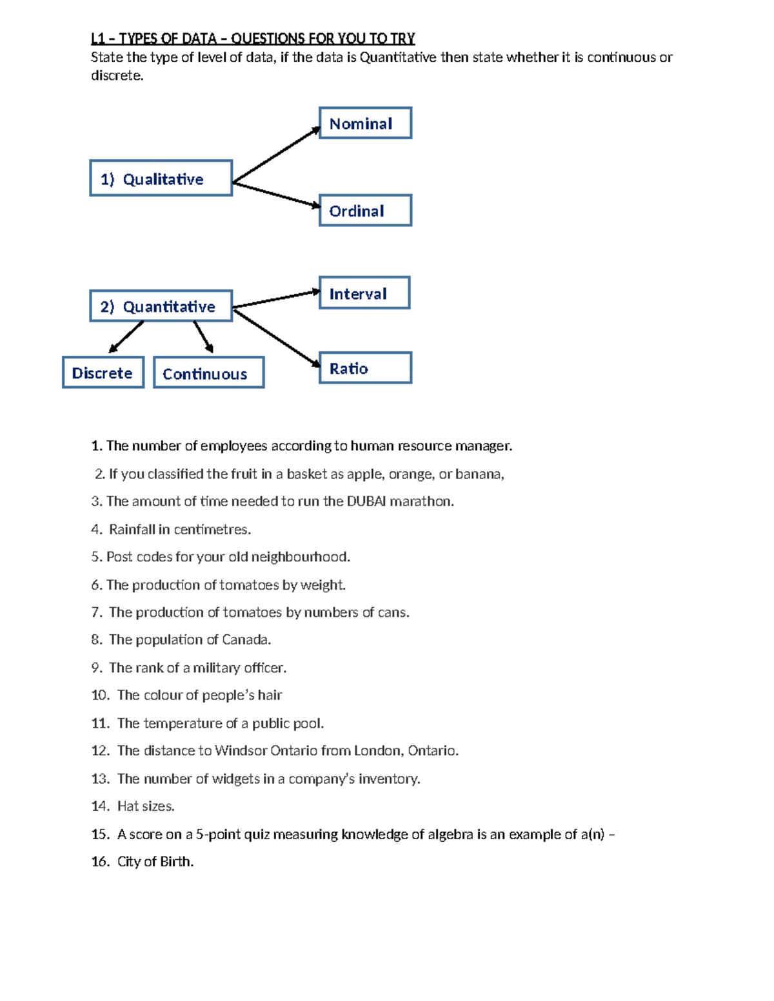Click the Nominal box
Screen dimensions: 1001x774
[x=365, y=123]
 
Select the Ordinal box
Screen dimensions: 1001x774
[x=365, y=210]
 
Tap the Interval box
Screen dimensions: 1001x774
[x=364, y=293]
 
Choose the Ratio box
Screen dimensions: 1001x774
[x=365, y=368]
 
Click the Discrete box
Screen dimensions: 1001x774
[x=103, y=373]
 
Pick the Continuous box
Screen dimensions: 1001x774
[x=208, y=373]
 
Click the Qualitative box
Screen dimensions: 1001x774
[x=161, y=179]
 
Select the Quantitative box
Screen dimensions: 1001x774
[x=161, y=306]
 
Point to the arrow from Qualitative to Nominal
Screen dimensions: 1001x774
[x=276, y=155]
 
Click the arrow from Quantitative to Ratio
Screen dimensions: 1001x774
[x=276, y=338]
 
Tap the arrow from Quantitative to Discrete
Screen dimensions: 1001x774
[x=126, y=336]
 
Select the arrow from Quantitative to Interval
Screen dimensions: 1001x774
[x=276, y=299]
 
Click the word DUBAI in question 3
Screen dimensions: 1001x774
[x=366, y=501]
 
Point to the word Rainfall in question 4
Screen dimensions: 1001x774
[x=132, y=530]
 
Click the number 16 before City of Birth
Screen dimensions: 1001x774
[x=100, y=862]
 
